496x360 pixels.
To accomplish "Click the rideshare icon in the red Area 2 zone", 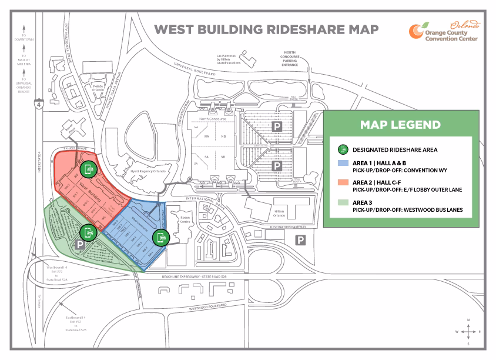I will pos(89,169).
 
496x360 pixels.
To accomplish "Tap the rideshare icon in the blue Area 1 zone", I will pos(161,237).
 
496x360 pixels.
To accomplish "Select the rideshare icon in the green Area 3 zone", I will pos(89,232).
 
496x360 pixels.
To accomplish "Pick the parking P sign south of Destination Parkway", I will pos(300,239).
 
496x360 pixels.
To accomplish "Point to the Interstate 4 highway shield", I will pos(38,105).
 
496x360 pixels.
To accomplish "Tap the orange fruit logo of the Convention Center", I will pos(417,31).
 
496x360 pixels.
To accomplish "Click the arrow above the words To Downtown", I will pos(24,28).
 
